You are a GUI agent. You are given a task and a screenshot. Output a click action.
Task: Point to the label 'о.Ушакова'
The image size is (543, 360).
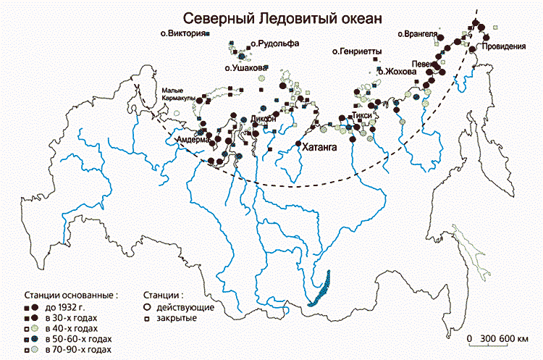pos(245,68)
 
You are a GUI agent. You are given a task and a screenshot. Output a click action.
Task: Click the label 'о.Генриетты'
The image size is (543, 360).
pos(356,51)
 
